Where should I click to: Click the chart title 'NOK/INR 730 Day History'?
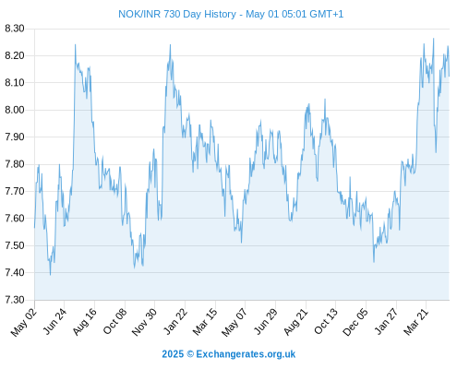coord(177,14)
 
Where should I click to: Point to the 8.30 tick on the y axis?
coord(15,29)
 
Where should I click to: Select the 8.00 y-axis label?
coord(15,110)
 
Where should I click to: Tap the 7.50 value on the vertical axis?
coord(15,245)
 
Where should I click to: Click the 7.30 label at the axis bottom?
coord(15,300)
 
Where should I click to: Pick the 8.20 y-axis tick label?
coord(15,55)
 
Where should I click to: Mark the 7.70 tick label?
coord(15,191)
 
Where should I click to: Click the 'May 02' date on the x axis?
coord(24,322)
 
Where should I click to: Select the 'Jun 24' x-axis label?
coord(54,322)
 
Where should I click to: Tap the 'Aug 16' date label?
coord(84,322)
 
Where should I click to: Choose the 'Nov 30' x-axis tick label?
coord(144,322)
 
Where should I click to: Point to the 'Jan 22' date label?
coord(174,322)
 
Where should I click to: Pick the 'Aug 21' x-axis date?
coord(295,322)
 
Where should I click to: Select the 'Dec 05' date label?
coord(355,322)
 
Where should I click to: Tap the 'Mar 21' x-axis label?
coord(415,322)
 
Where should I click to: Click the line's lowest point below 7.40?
coord(51,275)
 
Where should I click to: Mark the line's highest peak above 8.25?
coord(433,39)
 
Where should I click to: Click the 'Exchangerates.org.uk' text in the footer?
coord(246,354)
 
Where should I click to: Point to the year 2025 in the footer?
coord(173,354)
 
